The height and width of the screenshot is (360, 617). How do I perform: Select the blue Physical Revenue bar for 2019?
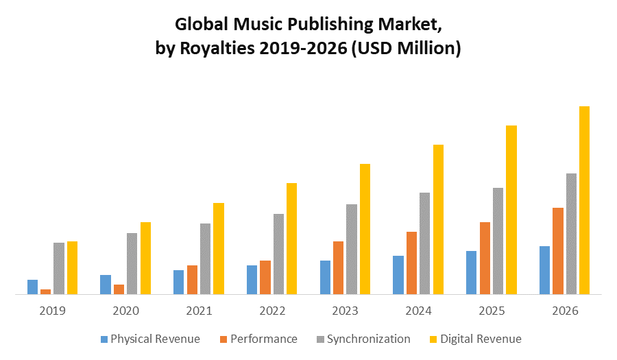pyautogui.click(x=32, y=287)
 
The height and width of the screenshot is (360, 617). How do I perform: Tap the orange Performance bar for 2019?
pyautogui.click(x=45, y=291)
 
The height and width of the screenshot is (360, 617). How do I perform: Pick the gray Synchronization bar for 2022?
pyautogui.click(x=278, y=254)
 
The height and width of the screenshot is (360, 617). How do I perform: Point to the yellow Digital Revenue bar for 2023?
pyautogui.click(x=365, y=229)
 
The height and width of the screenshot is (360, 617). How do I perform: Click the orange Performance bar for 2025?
pyautogui.click(x=485, y=258)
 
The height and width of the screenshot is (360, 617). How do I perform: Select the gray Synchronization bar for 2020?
pyautogui.click(x=132, y=263)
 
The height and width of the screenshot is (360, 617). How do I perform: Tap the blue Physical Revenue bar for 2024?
pyautogui.click(x=398, y=275)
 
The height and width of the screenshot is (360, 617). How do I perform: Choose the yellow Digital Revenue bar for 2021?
pyautogui.click(x=219, y=248)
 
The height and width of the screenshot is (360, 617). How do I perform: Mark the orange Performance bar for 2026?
pyautogui.click(x=558, y=251)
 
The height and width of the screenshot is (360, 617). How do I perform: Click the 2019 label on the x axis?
pyautogui.click(x=52, y=311)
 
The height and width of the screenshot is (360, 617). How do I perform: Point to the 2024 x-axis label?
pyautogui.click(x=418, y=311)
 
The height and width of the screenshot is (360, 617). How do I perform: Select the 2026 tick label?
pyautogui.click(x=565, y=311)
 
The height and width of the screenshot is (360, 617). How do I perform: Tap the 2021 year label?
pyautogui.click(x=199, y=311)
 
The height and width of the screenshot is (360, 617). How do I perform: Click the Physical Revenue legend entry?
pyautogui.click(x=155, y=339)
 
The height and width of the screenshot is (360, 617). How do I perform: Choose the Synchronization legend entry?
pyautogui.click(x=368, y=339)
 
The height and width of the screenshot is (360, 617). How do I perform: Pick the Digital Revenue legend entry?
pyautogui.click(x=481, y=339)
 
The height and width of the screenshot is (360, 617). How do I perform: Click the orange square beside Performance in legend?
pyautogui.click(x=223, y=339)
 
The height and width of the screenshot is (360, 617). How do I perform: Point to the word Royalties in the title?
pyautogui.click(x=210, y=49)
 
